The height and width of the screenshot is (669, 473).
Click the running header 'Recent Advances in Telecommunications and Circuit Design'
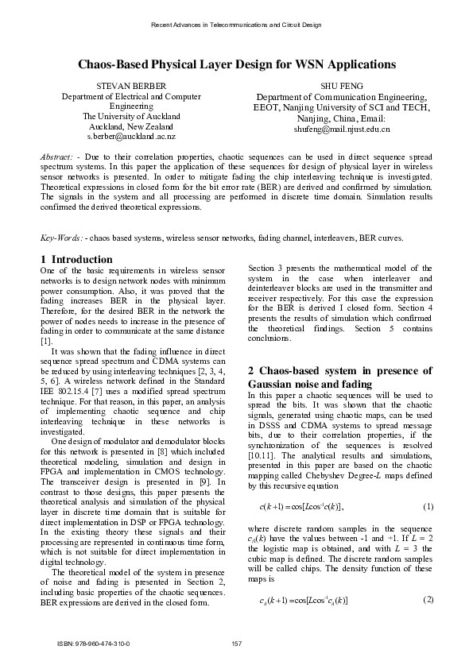236,25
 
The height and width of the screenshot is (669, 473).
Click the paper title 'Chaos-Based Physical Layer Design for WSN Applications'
236,64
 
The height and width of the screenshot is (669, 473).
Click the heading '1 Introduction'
76,259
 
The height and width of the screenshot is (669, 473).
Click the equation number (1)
427,506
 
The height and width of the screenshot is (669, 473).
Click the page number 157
236,643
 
